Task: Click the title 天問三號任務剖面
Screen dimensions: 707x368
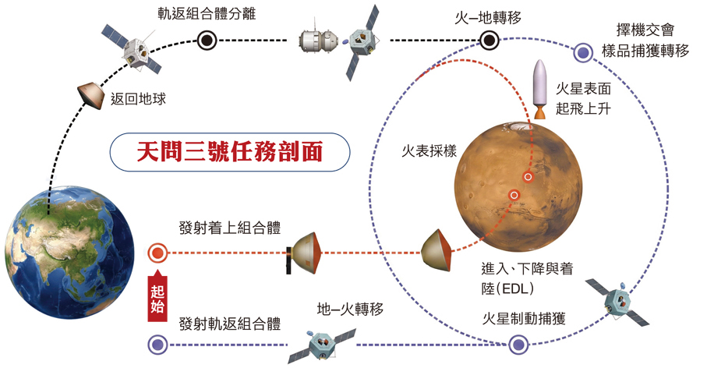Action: pos(230,151)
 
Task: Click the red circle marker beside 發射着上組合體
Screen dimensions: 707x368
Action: pos(157,253)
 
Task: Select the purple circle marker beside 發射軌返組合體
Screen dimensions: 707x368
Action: pos(157,345)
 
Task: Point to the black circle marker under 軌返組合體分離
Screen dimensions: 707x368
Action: pos(207,41)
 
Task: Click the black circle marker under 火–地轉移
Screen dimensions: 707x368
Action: pos(488,41)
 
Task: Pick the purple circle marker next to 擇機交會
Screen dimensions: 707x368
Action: pos(584,52)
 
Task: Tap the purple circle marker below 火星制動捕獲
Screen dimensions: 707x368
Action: pos(518,345)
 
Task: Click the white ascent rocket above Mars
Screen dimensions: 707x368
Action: pos(539,90)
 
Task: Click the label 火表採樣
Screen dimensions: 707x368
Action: pos(430,150)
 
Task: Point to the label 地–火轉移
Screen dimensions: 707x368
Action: pos(350,310)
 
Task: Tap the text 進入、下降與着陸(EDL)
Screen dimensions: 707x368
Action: pos(527,278)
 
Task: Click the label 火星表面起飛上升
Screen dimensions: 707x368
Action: pos(583,98)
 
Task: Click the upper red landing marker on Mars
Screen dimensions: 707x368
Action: pos(528,177)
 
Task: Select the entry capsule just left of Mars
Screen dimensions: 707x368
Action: pos(437,250)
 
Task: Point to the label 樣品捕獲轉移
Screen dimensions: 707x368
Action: pos(645,51)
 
